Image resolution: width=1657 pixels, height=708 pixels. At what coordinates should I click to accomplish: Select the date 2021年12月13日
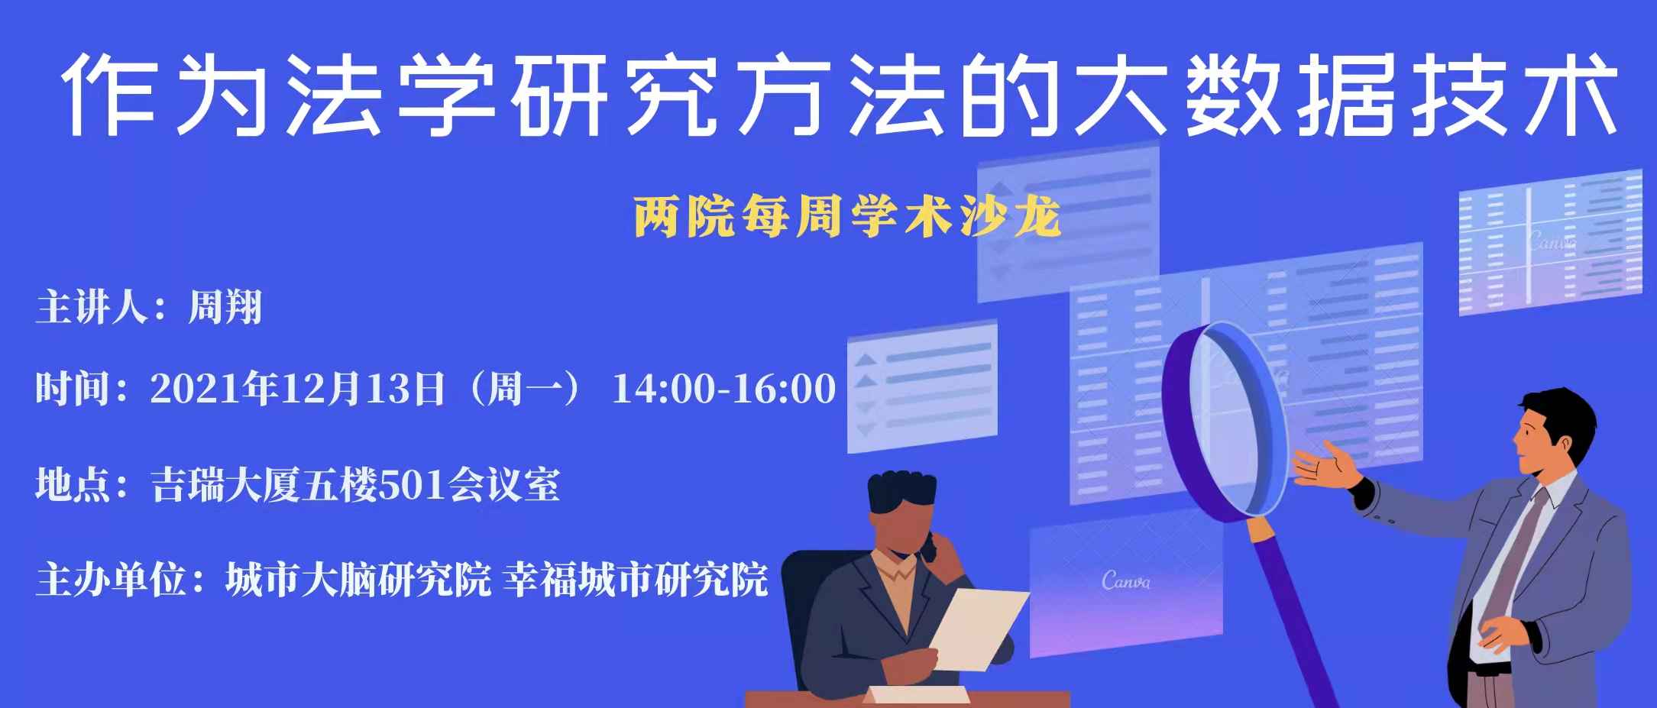pos(298,389)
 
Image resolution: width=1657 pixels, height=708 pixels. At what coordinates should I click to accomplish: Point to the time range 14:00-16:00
pos(724,389)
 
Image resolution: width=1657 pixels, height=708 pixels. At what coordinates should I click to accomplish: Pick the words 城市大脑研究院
pos(358,580)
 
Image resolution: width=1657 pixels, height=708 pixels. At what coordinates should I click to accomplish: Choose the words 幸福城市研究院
pos(636,580)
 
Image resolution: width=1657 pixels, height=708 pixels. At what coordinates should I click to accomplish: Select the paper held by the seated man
pos(977,629)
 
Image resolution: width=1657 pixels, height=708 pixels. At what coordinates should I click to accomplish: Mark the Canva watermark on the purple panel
pos(1126,580)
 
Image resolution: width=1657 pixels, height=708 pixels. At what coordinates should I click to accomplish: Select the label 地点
pos(72,485)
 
